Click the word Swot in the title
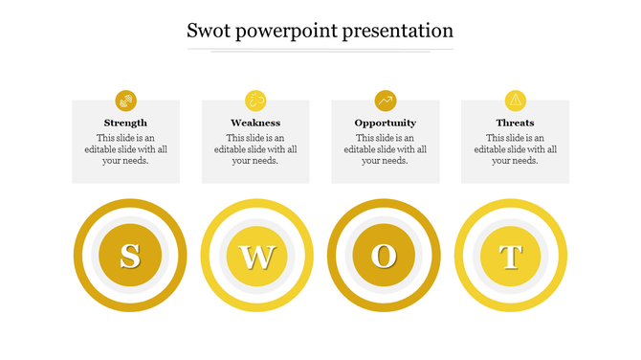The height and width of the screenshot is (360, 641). (207, 31)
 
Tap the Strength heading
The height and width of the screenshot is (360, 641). (125, 123)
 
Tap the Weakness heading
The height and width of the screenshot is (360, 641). (255, 123)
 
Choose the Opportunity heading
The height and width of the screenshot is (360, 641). (386, 123)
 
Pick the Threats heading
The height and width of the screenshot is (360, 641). (515, 123)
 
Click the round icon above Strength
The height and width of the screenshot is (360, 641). (125, 100)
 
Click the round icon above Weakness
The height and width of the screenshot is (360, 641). (255, 100)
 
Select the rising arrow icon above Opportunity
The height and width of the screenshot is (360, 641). (386, 100)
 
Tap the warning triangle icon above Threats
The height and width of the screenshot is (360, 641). (515, 100)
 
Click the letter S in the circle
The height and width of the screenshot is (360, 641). (129, 256)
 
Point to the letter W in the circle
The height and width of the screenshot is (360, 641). (257, 257)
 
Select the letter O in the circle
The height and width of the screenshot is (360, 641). (384, 256)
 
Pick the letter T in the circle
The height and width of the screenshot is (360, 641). (511, 257)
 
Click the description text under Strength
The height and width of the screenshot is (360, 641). (125, 149)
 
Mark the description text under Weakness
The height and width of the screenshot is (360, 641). (255, 149)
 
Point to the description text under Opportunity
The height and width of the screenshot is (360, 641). (386, 149)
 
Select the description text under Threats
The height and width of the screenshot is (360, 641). (515, 149)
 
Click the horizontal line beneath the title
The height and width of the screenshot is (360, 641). (320, 50)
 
